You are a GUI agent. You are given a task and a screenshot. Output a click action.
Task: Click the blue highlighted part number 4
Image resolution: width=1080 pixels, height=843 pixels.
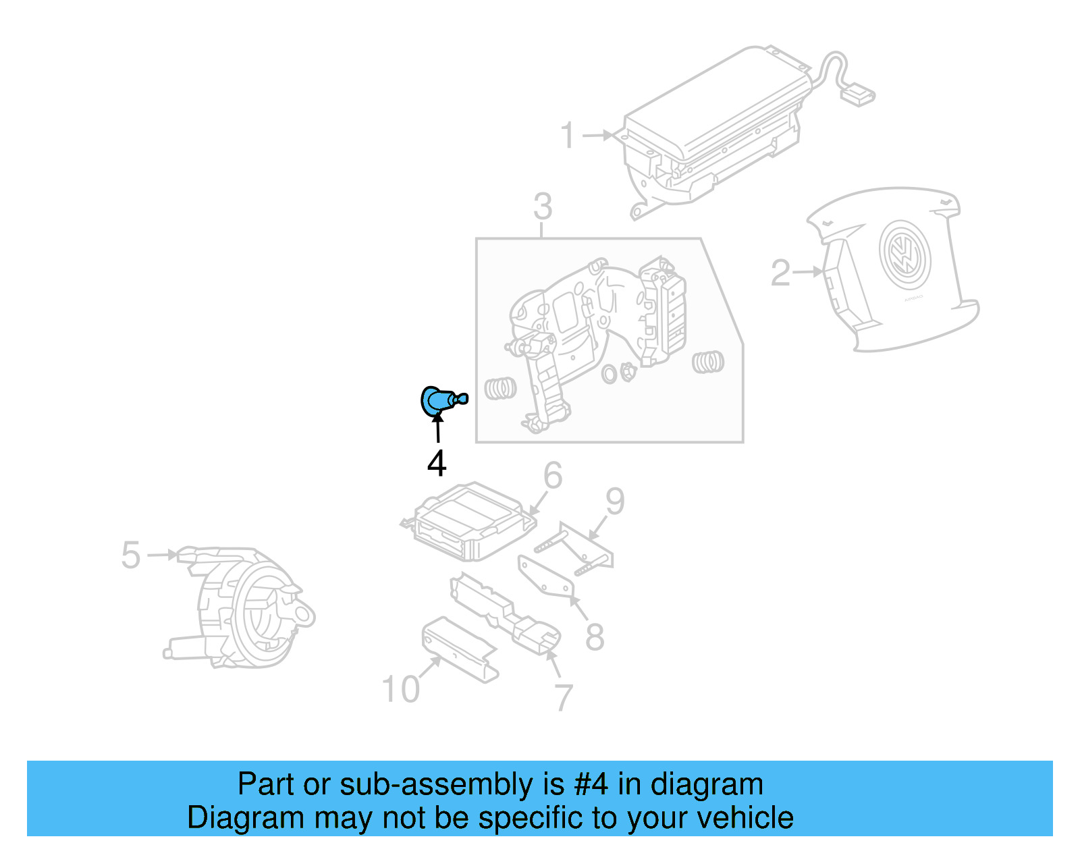[439, 400]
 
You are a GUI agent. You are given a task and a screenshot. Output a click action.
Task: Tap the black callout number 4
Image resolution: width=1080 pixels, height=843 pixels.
[437, 464]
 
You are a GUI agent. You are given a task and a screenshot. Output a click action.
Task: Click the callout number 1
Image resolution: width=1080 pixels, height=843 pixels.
[568, 136]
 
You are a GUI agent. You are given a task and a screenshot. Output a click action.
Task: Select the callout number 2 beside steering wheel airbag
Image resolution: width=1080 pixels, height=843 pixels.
[780, 273]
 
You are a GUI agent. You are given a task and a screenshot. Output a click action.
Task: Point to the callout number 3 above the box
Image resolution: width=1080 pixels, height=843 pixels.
[543, 207]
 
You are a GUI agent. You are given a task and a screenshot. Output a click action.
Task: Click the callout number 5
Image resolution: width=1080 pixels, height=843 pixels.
[131, 555]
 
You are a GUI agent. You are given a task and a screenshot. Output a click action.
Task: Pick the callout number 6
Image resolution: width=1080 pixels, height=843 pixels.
[553, 476]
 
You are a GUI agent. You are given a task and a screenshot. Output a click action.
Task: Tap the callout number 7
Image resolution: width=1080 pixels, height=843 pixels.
[564, 697]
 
